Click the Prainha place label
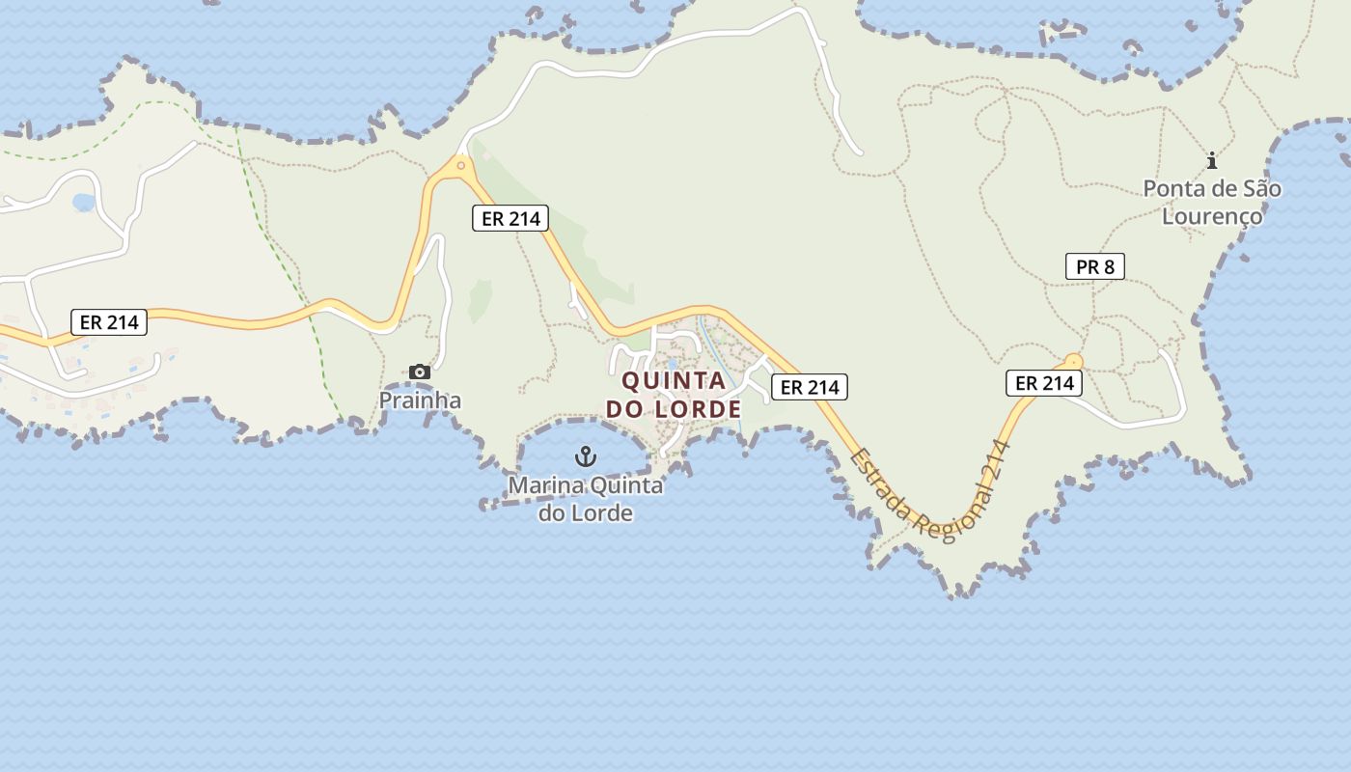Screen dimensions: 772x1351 pos(420,400)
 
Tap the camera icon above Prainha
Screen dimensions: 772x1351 pos(419,372)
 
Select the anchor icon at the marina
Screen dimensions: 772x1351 pos(586,455)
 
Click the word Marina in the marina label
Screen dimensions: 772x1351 pos(546,484)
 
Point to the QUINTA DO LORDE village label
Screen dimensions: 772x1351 pos(674,395)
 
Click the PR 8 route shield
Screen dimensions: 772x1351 pos(1094,266)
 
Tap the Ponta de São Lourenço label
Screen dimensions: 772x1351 pos(1212,202)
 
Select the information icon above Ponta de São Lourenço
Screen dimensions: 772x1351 pos(1212,160)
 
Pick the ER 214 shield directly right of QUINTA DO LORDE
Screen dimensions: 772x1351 pos(809,387)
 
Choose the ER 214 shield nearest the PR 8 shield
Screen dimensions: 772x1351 pos(1043,383)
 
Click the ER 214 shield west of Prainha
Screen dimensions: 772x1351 pos(109,322)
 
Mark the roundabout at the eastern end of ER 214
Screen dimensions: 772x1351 pos(1072,362)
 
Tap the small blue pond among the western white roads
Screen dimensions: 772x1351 pos(84,203)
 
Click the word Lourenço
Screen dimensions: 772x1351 pos(1212,215)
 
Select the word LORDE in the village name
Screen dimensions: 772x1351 pos(698,409)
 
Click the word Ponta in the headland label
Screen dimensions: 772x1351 pos(1171,188)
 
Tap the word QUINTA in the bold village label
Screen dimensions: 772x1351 pos(674,380)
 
